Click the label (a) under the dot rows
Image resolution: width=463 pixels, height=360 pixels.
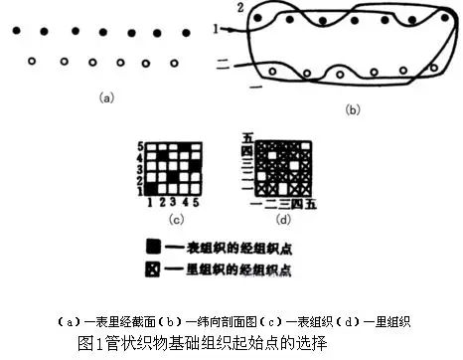click(x=106, y=97)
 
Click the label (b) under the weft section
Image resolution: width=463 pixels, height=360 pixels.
click(x=351, y=110)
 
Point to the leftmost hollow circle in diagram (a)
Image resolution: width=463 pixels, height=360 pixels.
click(x=33, y=63)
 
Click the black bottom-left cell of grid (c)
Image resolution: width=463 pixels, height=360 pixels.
click(x=150, y=186)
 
